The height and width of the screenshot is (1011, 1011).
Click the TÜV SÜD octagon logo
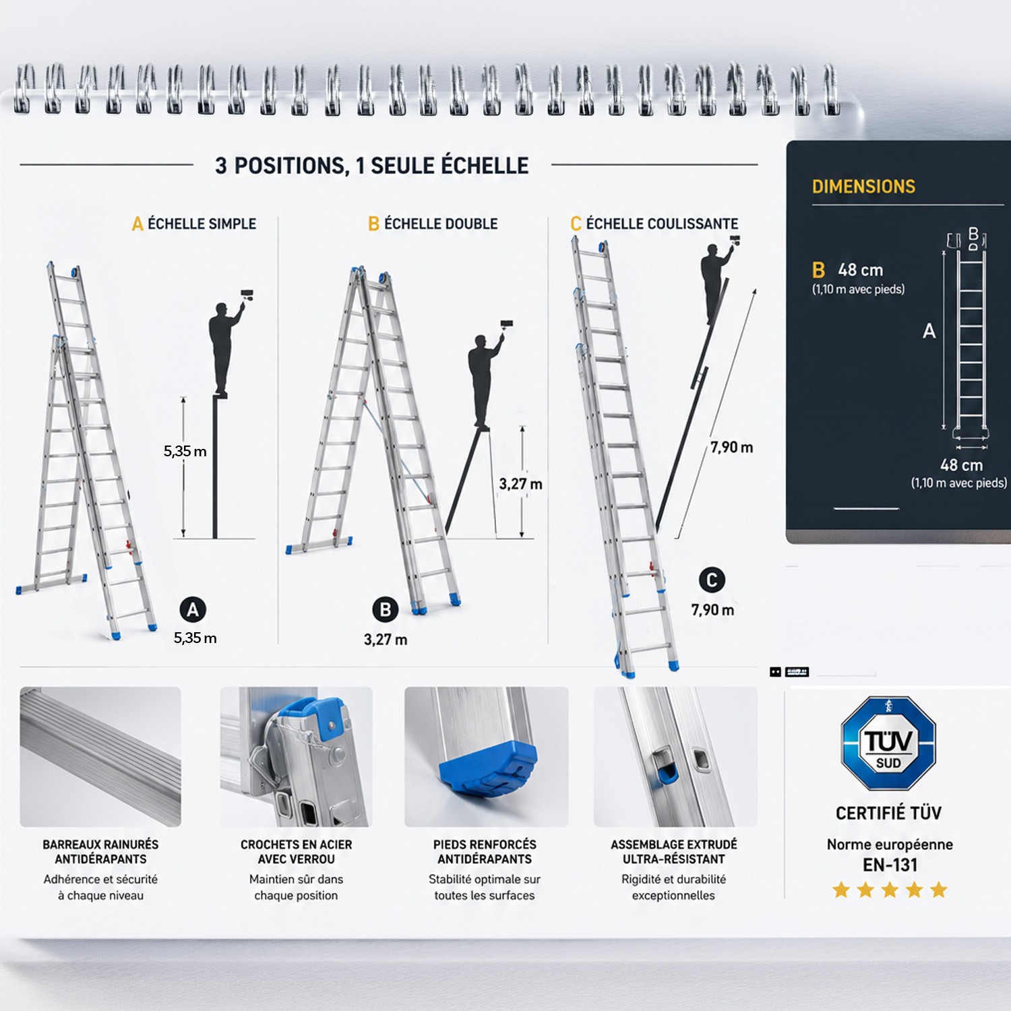[x=888, y=743]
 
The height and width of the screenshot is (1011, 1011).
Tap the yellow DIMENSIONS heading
[x=863, y=187]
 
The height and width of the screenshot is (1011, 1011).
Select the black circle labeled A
[x=193, y=610]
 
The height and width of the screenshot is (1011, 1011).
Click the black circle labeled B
[x=386, y=610]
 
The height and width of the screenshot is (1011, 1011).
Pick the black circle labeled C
[x=712, y=580]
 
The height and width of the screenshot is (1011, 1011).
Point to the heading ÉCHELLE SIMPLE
[x=202, y=224]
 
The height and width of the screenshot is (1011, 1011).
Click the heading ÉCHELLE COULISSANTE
[x=662, y=224]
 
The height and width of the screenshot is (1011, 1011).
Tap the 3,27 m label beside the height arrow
[x=520, y=484]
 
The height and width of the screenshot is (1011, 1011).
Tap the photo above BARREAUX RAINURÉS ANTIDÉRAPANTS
[x=100, y=756]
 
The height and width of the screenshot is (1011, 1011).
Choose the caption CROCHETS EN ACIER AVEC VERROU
[x=296, y=852]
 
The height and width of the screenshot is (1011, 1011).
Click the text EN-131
[x=890, y=865]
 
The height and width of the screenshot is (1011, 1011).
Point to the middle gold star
[x=890, y=890]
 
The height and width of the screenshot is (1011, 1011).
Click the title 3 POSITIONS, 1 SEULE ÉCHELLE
[x=372, y=166]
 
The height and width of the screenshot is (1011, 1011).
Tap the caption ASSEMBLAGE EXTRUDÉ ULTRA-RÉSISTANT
[x=674, y=852]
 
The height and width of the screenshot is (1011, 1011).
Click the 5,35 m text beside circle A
[x=195, y=638]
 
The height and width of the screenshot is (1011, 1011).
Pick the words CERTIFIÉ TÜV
[x=888, y=813]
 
